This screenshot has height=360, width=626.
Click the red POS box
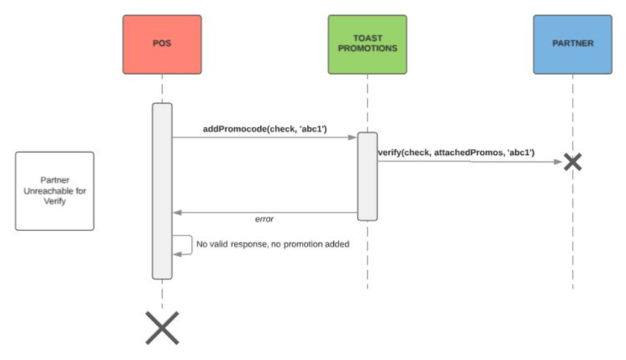click(161, 44)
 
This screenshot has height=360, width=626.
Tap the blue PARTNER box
click(572, 44)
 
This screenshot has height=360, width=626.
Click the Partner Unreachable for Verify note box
click(54, 191)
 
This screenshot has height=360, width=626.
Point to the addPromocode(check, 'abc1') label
click(265, 129)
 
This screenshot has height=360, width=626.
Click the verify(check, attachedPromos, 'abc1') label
click(455, 152)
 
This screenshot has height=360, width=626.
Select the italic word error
click(264, 219)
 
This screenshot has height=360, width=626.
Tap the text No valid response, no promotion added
click(273, 244)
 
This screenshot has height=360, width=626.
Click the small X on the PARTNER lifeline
click(572, 161)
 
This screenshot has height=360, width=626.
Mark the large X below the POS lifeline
click(162, 327)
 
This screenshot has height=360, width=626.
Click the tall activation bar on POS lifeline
click(162, 189)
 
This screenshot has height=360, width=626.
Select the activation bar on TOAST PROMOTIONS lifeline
click(367, 176)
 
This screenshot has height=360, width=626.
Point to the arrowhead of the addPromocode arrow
click(352, 137)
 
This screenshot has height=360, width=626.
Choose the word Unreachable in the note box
click(55, 191)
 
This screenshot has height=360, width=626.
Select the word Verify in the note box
click(55, 201)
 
